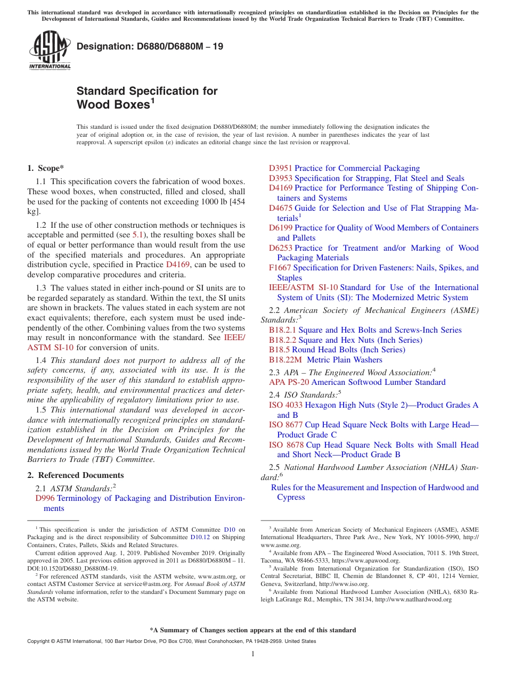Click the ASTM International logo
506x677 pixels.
click(x=50, y=50)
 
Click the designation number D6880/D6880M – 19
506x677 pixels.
click(x=150, y=46)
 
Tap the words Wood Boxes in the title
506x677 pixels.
click(x=113, y=105)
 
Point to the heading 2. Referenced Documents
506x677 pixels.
click(x=76, y=475)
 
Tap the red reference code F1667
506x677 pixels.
click(x=280, y=268)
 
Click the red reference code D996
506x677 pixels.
click(x=45, y=498)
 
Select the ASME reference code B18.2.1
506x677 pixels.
click(x=282, y=330)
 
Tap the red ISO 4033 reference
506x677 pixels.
click(x=285, y=405)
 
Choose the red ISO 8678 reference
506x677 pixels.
click(x=286, y=445)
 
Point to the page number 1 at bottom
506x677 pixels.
click(x=253, y=654)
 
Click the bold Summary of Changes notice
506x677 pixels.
click(x=253, y=630)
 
